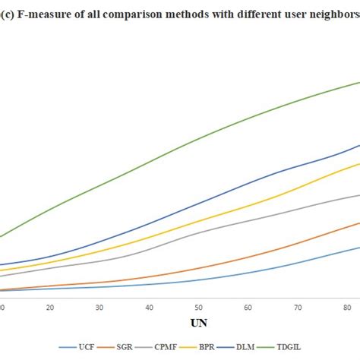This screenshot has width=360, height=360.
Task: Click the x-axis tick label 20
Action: [x=50, y=307]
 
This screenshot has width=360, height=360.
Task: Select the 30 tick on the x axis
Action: [x=99, y=307]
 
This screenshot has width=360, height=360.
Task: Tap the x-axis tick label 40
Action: [x=150, y=307]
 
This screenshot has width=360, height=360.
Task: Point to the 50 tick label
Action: [x=199, y=307]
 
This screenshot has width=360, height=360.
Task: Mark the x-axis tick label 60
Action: [x=248, y=307]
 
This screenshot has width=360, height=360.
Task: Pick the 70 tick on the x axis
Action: [x=298, y=307]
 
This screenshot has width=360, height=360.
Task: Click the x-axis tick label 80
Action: [x=347, y=307]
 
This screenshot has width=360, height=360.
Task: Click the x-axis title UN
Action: [x=199, y=323]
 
